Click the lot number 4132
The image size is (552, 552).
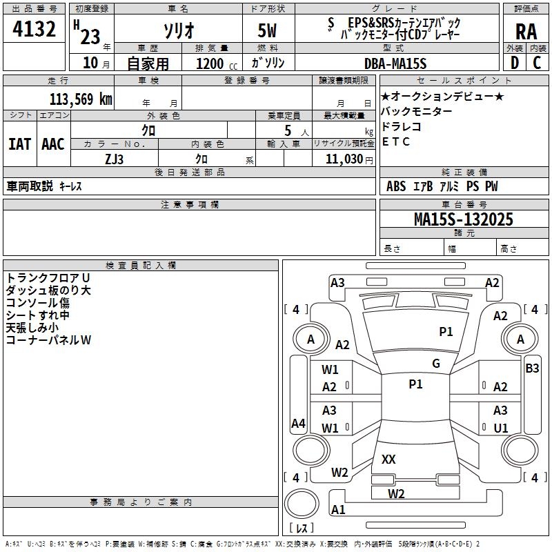pyautogui.click(x=34, y=30)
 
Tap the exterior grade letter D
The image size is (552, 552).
pyautogui.click(x=515, y=62)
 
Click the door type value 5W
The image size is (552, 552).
pyautogui.click(x=267, y=30)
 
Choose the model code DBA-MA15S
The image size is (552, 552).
pyautogui.click(x=395, y=63)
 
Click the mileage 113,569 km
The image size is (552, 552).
pyautogui.click(x=81, y=99)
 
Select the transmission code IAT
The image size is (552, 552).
pyautogui.click(x=19, y=144)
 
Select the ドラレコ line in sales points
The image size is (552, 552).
pyautogui.click(x=401, y=126)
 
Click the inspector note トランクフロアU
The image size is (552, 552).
pyautogui.click(x=48, y=277)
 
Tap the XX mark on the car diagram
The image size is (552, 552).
pyautogui.click(x=388, y=459)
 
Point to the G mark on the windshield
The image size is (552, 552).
pyautogui.click(x=436, y=364)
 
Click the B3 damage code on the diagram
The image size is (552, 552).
pyautogui.click(x=532, y=368)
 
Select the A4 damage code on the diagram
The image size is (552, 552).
pyautogui.click(x=298, y=423)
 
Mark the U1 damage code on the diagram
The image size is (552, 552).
pyautogui.click(x=501, y=428)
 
